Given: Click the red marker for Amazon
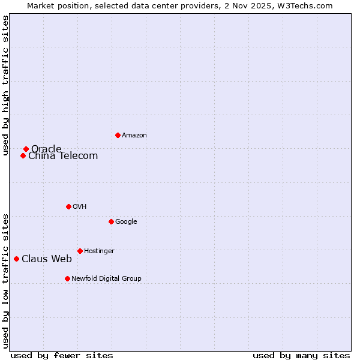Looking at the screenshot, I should click(x=118, y=135).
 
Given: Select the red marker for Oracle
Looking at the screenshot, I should click(x=26, y=149).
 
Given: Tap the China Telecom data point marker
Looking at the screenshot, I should click(x=23, y=155).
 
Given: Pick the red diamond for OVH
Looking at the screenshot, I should click(x=68, y=206).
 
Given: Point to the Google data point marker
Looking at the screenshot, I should click(x=111, y=221).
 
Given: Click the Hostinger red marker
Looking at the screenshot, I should click(x=80, y=251).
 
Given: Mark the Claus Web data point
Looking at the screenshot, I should click(x=16, y=259).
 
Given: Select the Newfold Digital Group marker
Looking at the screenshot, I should click(x=67, y=278).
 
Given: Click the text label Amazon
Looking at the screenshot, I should click(x=134, y=136).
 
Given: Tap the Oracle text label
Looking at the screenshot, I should click(x=46, y=149).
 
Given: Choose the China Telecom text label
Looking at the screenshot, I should click(x=63, y=156).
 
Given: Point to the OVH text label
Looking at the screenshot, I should click(x=80, y=207).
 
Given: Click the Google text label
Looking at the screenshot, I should click(x=126, y=222).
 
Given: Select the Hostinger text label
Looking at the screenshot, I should click(x=99, y=251).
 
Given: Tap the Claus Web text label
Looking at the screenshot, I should click(x=47, y=259).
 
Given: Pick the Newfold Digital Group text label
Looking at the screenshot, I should click(x=106, y=279).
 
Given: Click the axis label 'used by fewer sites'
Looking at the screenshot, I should click(x=62, y=355).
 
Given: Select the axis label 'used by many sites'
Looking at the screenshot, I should click(x=301, y=355).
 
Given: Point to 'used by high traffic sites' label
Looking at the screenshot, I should click(x=6, y=85).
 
